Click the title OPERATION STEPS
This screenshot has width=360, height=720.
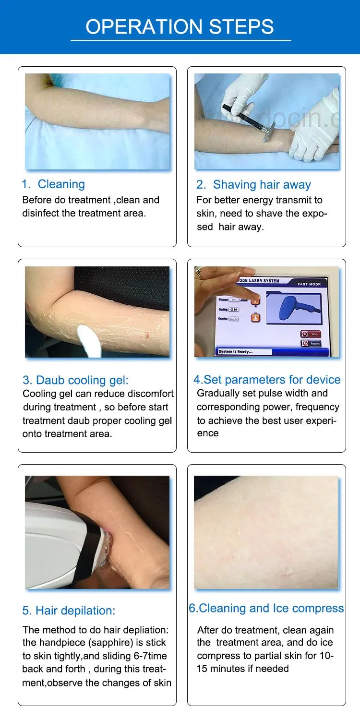[180, 27]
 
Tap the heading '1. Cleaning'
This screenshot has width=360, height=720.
[53, 184]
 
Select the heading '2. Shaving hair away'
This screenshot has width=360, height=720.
[253, 184]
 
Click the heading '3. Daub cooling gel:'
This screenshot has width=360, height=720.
[75, 380]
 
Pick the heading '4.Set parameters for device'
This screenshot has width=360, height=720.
[267, 380]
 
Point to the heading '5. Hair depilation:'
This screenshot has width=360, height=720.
[69, 611]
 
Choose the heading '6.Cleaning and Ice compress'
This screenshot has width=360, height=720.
[266, 608]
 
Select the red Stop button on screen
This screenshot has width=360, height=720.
[311, 334]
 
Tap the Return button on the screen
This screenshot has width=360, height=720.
[311, 343]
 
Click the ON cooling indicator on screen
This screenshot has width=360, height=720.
[234, 310]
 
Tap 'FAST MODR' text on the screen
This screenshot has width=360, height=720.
[309, 284]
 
